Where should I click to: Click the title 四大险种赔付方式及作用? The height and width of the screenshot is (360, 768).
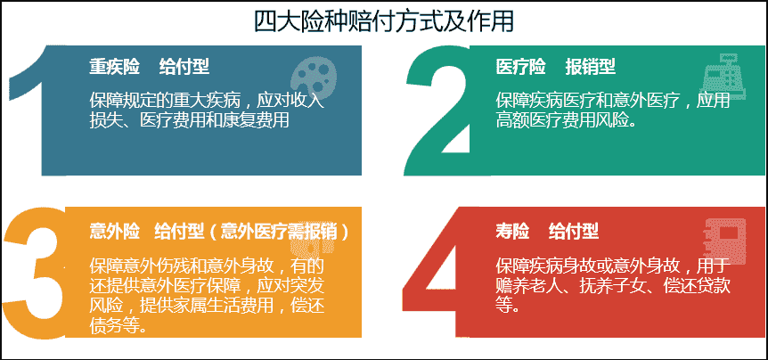[x=383, y=22]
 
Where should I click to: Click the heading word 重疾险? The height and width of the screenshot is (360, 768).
[x=114, y=67]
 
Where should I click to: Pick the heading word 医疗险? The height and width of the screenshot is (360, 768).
[x=520, y=67]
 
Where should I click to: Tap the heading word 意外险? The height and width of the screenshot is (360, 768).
[x=114, y=231]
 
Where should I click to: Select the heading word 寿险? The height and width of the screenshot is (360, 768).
[x=512, y=231]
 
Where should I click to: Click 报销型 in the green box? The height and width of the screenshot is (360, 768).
[x=590, y=67]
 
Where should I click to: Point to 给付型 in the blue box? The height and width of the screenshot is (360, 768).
[x=184, y=67]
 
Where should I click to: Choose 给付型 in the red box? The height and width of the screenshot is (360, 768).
[x=574, y=231]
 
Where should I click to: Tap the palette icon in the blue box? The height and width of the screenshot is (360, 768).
[x=314, y=75]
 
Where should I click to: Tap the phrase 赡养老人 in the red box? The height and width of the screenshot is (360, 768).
[x=528, y=285]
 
